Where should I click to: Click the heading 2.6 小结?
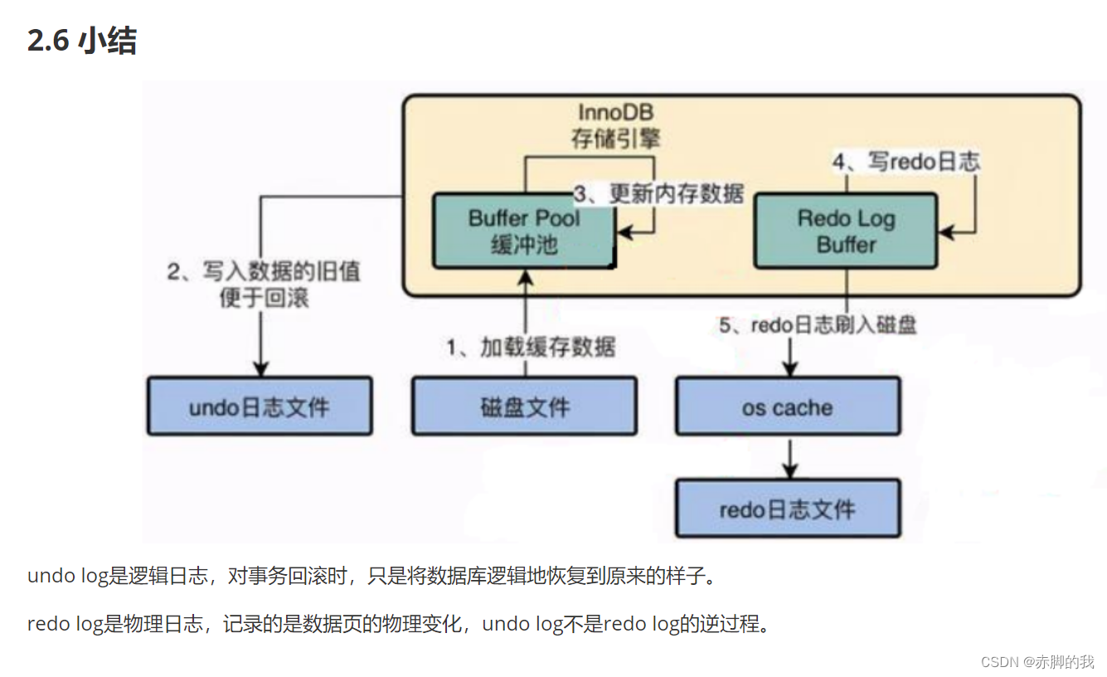[82, 41]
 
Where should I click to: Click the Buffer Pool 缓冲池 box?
[524, 231]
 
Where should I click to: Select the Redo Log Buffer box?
[846, 231]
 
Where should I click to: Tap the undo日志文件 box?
[260, 407]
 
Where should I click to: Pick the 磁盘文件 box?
[524, 407]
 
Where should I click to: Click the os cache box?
[787, 407]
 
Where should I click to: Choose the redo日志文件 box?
[787, 509]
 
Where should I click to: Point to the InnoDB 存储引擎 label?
[615, 124]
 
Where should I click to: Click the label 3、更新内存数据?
[659, 193]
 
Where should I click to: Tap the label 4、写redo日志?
[906, 161]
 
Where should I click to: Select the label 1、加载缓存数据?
[532, 346]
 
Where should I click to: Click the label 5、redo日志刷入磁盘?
[817, 325]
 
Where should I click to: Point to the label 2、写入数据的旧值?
[264, 271]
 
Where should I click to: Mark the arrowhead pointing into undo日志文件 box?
[260, 368]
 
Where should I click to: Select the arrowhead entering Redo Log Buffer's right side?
[948, 231]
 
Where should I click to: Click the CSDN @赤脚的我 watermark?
[1037, 661]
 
